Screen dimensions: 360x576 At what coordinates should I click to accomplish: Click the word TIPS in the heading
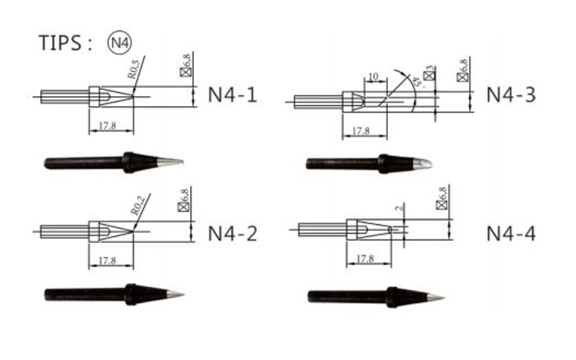[x=60, y=43]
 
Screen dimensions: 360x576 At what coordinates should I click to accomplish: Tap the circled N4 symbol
[x=119, y=43]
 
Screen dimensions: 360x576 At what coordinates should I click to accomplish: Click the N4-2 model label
[x=232, y=234]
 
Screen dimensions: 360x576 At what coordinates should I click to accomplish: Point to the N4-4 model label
[x=511, y=234]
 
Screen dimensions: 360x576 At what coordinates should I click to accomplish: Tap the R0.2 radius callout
[x=138, y=205]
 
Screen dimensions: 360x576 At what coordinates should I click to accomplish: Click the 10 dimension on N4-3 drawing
[x=372, y=77]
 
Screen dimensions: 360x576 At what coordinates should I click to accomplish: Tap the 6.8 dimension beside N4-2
[x=184, y=200]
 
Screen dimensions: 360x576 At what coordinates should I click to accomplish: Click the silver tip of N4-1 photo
[x=170, y=163]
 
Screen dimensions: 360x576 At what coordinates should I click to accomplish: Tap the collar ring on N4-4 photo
[x=391, y=297]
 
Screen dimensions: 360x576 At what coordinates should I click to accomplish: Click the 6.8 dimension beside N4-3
[x=463, y=69]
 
